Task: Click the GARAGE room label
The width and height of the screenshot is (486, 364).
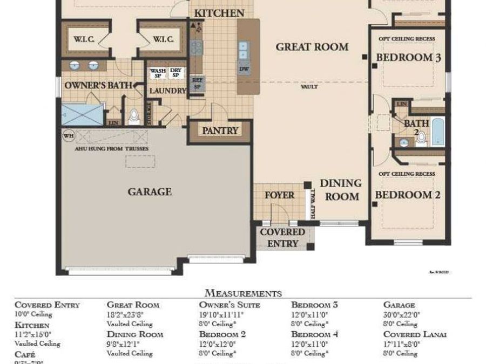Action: (x=150, y=191)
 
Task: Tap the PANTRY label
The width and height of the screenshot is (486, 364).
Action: (x=220, y=131)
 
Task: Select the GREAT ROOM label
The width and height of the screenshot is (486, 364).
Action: (x=312, y=47)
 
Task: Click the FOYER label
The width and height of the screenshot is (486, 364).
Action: (x=279, y=195)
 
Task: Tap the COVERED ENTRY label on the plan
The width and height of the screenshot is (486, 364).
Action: (x=282, y=237)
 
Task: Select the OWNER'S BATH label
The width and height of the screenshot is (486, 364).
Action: (x=87, y=86)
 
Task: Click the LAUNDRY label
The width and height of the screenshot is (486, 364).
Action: (x=167, y=91)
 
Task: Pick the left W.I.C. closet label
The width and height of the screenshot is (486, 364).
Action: (x=84, y=39)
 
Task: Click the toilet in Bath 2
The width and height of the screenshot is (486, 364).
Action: (x=421, y=138)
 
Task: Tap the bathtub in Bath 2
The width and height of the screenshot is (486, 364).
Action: (x=438, y=132)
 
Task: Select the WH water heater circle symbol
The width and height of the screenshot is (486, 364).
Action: (x=68, y=135)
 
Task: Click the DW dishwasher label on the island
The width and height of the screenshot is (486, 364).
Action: (x=244, y=69)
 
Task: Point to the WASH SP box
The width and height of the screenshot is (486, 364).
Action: (x=158, y=73)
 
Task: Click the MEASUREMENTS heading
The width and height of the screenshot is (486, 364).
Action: (x=243, y=293)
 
